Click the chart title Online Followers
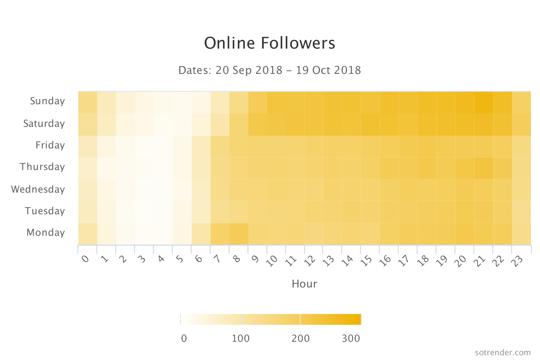coord(270,43)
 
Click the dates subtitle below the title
coord(270,70)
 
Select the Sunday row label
coord(47,101)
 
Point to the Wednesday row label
coord(38,189)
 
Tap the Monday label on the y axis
coord(46,232)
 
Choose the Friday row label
coord(50,145)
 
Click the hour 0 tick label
coord(85,259)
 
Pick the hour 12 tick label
coord(310,260)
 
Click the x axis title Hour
coord(304,284)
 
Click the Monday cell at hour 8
coord(239,234)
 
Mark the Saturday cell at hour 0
coord(88,124)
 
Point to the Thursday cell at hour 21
coord(483,168)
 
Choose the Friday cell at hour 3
coord(144,146)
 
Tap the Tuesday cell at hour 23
coord(521,212)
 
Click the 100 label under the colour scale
coord(241,338)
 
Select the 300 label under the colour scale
coord(351,338)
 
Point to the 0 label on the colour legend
coord(184,338)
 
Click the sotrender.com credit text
coord(503,353)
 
